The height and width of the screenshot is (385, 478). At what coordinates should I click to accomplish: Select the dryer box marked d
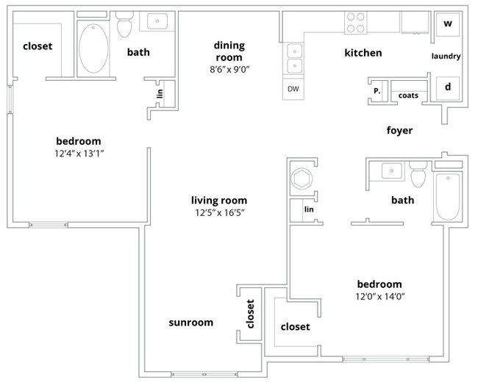(448, 87)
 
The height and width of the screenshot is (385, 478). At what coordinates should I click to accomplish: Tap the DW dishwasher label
(293, 88)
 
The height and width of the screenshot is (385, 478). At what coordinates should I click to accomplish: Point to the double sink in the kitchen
(294, 60)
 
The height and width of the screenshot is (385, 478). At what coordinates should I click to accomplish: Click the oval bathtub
(92, 49)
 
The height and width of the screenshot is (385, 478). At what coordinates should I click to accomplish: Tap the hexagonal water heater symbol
(302, 179)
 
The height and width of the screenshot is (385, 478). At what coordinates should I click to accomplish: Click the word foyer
(399, 131)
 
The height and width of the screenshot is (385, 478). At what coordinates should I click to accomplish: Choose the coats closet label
(409, 96)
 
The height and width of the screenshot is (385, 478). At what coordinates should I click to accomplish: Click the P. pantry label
(377, 92)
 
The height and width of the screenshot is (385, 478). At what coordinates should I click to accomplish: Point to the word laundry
(446, 56)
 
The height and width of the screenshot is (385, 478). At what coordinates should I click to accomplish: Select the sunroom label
(190, 322)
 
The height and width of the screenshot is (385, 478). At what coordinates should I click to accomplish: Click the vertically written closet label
(250, 314)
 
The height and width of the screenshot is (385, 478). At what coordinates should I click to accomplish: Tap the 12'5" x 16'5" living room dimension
(218, 213)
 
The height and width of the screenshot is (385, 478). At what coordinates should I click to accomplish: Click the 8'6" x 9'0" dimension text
(229, 71)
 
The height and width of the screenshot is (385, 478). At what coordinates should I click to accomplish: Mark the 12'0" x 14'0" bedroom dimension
(379, 297)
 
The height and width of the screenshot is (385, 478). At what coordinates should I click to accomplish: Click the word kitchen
(363, 53)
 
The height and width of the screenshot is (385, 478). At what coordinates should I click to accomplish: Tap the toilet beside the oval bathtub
(124, 26)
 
